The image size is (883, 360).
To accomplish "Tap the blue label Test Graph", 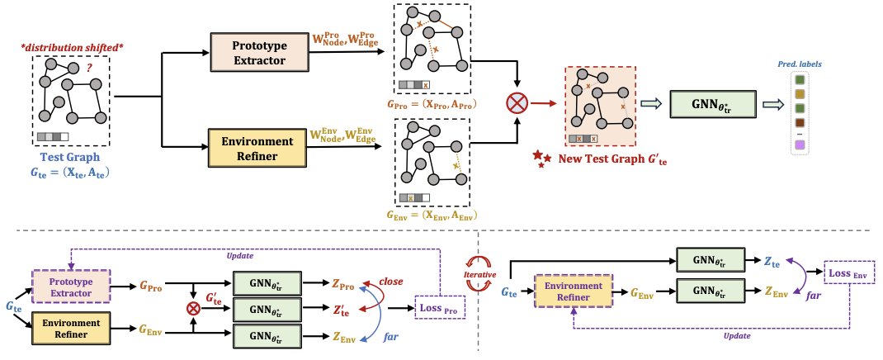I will click(x=70, y=157).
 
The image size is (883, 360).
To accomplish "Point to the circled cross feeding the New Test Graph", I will click(x=517, y=103).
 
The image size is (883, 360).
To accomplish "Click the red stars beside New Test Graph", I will click(x=541, y=158).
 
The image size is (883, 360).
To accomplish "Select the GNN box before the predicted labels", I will click(x=711, y=105).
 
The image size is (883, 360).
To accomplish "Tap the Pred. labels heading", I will click(x=800, y=64).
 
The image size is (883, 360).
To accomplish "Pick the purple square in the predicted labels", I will click(x=800, y=146).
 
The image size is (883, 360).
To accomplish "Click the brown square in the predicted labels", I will click(x=800, y=124).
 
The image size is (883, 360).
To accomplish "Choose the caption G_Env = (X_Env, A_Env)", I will click(x=432, y=215).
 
